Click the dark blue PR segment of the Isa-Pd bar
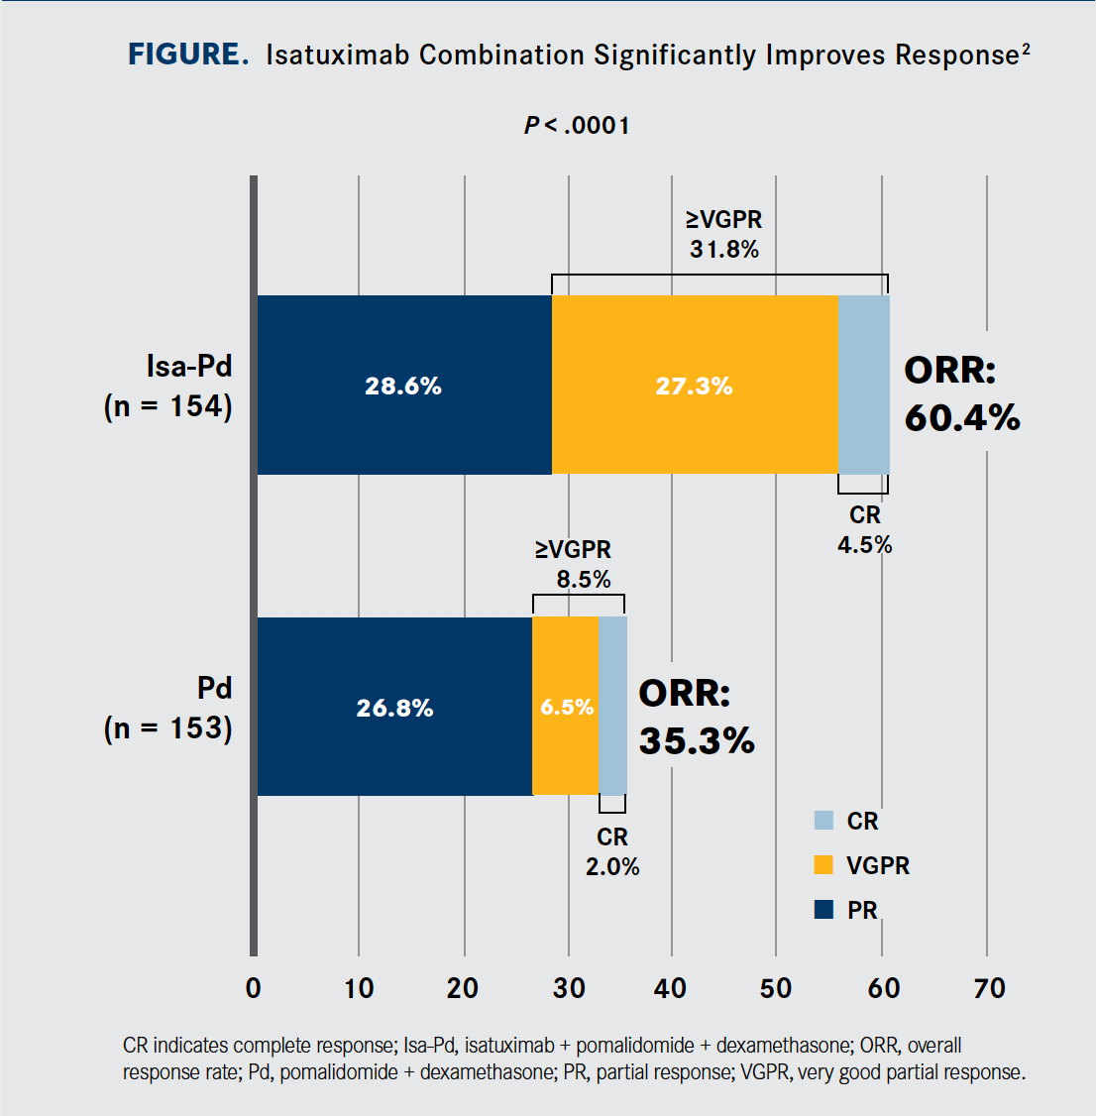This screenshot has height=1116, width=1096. click(x=403, y=386)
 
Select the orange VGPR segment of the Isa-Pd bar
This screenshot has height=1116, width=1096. click(x=694, y=386)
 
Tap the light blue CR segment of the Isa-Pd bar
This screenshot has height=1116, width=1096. click(x=863, y=386)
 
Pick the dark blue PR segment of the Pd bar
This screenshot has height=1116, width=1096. click(x=394, y=707)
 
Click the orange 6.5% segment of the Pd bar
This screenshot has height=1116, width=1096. click(x=566, y=707)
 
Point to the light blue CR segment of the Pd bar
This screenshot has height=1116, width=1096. click(x=612, y=707)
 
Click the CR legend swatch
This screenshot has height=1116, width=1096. click(x=823, y=821)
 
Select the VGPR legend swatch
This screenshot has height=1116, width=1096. click(x=823, y=865)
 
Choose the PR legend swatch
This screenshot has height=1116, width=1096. click(x=823, y=910)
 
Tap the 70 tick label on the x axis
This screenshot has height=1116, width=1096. click(x=988, y=988)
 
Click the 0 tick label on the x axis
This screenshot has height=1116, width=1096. click(x=254, y=988)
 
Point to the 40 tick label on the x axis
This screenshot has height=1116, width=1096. click(x=671, y=988)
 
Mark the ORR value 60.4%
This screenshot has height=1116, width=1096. click(x=962, y=417)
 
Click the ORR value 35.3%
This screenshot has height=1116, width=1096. click(x=697, y=740)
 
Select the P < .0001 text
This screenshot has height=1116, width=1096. click(x=577, y=126)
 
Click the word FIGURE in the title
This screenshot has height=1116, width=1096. click(x=187, y=55)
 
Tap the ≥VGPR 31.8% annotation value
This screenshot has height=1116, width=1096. click(x=724, y=249)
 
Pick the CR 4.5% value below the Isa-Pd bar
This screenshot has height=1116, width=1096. click(x=865, y=544)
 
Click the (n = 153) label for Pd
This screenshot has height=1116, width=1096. click(x=168, y=728)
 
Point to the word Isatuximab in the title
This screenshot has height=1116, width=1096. click(x=337, y=56)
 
